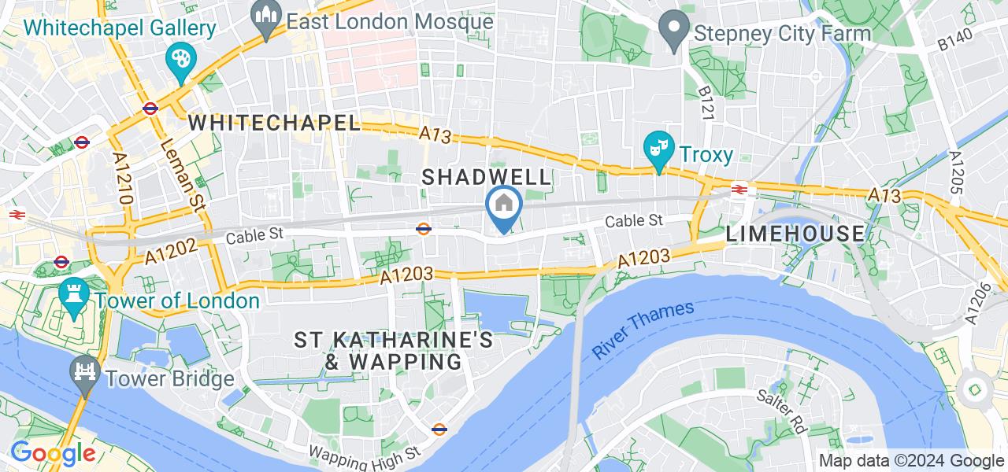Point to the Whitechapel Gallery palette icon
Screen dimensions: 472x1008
pos(180,61)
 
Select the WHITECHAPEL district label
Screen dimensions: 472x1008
pos(274,123)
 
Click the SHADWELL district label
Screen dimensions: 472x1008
pos(486,177)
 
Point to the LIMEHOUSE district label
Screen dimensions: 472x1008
pos(795,234)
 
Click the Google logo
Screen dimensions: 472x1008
pos(52,453)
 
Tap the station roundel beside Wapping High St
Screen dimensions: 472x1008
pos(439,430)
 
